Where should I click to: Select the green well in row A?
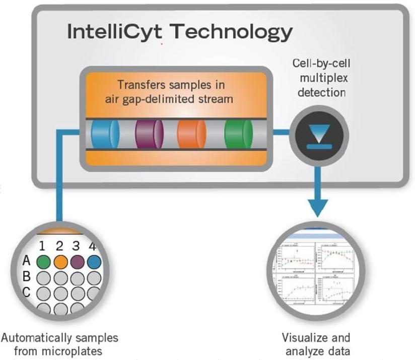44,262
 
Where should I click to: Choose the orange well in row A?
60,262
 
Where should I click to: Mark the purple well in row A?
77,262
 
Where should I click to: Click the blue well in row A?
93,262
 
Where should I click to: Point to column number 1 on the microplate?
43,247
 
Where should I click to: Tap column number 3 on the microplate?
76,247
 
